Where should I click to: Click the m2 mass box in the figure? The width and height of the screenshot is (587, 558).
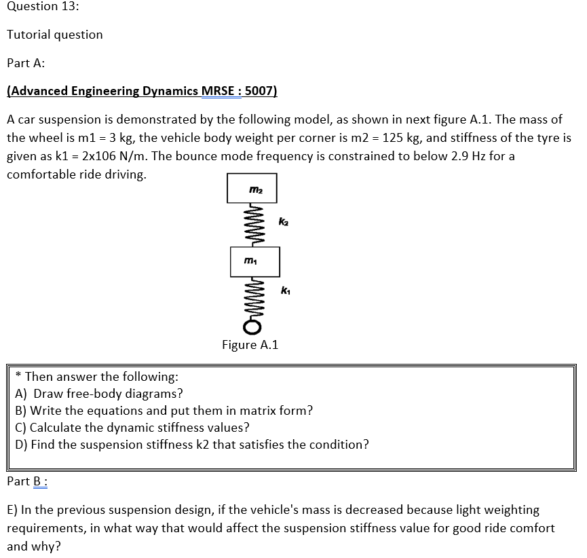pyautogui.click(x=252, y=188)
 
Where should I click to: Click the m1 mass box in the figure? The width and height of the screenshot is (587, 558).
pyautogui.click(x=254, y=261)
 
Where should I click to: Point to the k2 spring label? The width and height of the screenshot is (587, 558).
pyautogui.click(x=284, y=221)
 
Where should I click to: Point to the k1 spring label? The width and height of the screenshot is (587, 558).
pyautogui.click(x=285, y=291)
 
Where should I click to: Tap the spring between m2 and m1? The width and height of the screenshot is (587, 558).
pyautogui.click(x=252, y=225)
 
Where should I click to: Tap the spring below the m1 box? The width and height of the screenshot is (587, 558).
pyautogui.click(x=252, y=299)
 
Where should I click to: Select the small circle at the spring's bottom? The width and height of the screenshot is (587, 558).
pyautogui.click(x=252, y=329)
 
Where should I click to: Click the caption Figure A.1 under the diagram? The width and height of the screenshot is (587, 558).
pyautogui.click(x=250, y=345)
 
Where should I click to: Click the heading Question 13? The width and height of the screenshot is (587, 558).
pyautogui.click(x=42, y=7)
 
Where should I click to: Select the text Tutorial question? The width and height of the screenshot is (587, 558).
pyautogui.click(x=55, y=35)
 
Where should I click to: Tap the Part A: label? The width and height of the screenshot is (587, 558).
pyautogui.click(x=26, y=63)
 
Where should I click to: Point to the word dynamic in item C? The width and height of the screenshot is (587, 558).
pyautogui.click(x=130, y=428)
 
